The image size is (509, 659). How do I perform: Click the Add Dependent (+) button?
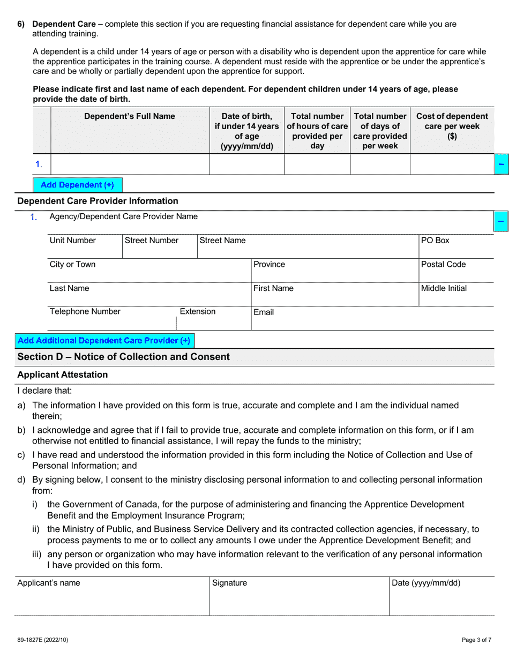click(x=77, y=185)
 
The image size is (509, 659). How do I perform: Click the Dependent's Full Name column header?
click(x=130, y=116)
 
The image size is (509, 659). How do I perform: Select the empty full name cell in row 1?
click(x=130, y=164)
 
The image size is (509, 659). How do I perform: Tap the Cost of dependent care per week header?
click(x=452, y=126)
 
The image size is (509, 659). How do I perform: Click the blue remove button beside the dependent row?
click(x=500, y=164)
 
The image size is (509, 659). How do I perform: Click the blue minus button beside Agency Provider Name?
click(x=500, y=221)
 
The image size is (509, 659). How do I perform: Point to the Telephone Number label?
click(x=85, y=312)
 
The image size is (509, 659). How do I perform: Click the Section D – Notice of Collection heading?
click(x=124, y=357)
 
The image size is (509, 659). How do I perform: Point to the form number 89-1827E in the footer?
click(x=43, y=640)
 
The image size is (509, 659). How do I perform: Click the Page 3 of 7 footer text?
click(x=476, y=640)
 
